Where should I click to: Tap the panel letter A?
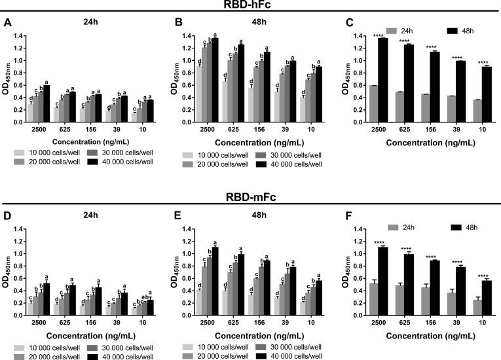[x=7, y=23]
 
